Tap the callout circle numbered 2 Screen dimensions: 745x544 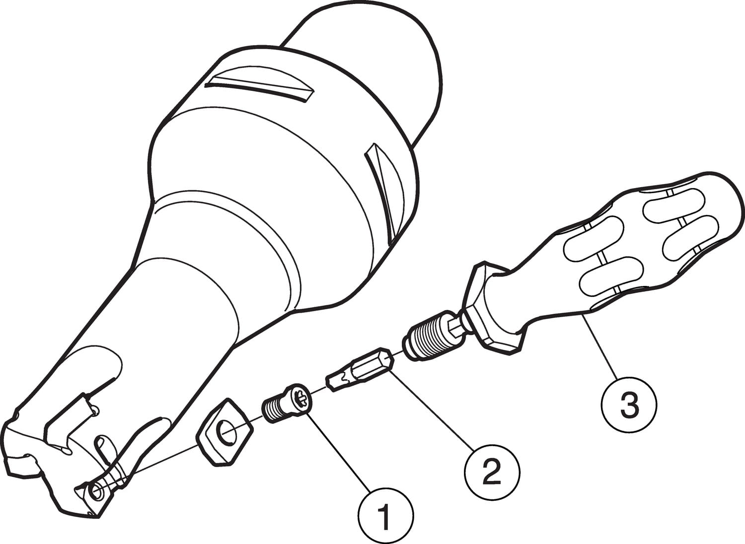coord(492,472)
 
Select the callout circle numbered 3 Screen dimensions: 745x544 coord(629,405)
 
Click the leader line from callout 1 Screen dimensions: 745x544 coord(339,453)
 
